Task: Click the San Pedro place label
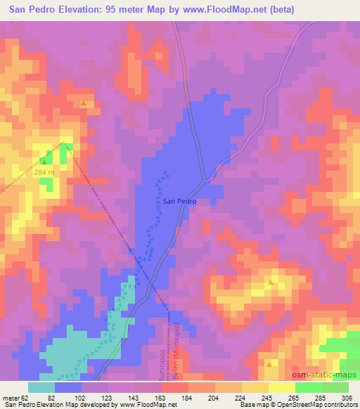(179, 201)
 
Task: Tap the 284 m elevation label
(44, 173)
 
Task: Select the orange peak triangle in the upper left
(84, 104)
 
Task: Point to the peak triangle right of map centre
(271, 283)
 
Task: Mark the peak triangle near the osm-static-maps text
(271, 364)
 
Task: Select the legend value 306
(347, 397)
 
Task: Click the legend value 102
(83, 397)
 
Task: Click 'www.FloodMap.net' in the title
(217, 9)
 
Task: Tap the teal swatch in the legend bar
(42, 387)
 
